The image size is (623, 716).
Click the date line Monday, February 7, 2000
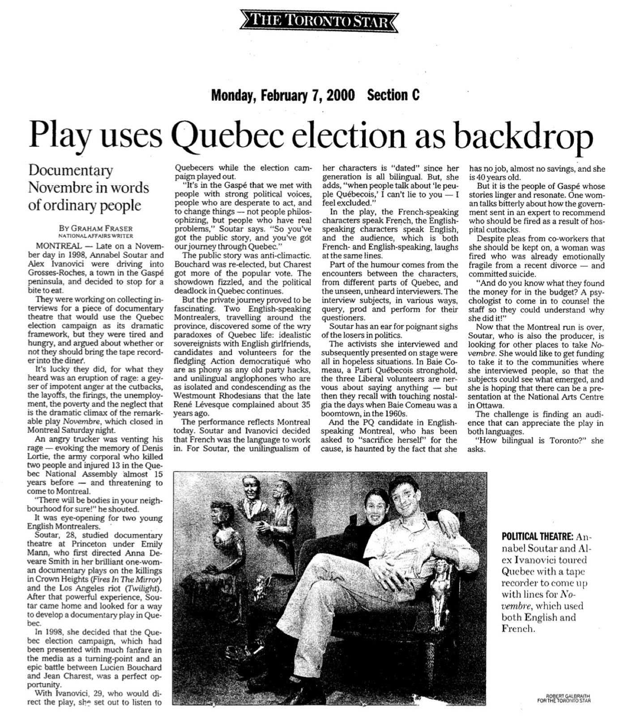pyautogui.click(x=282, y=95)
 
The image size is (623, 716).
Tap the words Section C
pyautogui.click(x=393, y=95)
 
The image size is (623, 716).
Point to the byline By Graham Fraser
pyautogui.click(x=96, y=228)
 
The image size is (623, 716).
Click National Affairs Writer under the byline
pyautogui.click(x=96, y=235)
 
